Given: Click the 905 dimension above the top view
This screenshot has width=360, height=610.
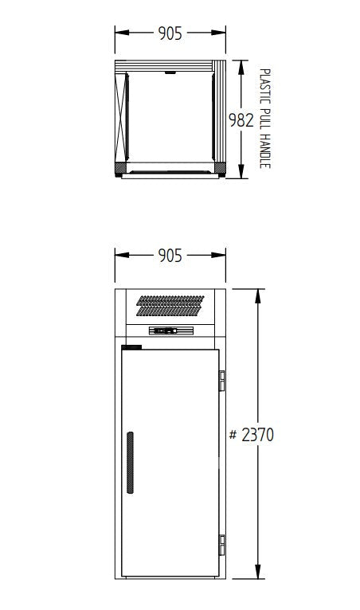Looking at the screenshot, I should (x=170, y=33).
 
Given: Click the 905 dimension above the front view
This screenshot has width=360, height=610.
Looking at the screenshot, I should (x=170, y=255).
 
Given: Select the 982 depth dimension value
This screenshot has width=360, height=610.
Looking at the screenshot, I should (x=241, y=120).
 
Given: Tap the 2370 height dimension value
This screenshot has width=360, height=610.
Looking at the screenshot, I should (x=256, y=436).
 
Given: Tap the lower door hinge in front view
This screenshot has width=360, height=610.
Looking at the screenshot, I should (x=223, y=544).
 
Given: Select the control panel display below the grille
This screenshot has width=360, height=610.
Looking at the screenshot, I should (x=170, y=331).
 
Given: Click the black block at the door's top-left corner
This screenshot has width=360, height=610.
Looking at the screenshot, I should (x=131, y=347).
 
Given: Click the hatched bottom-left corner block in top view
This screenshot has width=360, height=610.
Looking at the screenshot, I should (x=120, y=169).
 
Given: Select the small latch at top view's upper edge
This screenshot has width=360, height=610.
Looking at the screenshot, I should (x=170, y=75).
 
